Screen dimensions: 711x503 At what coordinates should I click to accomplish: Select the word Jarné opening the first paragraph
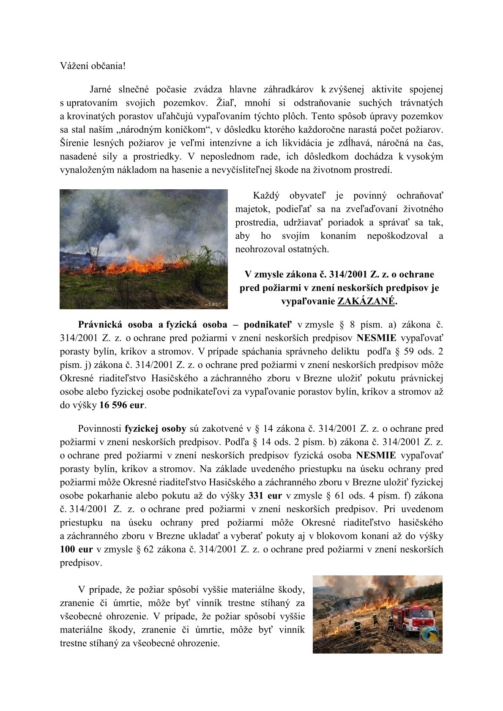(101, 89)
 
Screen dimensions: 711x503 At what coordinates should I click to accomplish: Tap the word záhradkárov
(289, 89)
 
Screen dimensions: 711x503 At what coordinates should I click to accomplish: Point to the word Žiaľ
(225, 103)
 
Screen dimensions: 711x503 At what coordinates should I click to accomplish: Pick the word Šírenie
(74, 143)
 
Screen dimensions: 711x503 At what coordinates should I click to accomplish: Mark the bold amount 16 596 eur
(122, 405)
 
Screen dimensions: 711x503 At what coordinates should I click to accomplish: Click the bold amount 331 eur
(265, 496)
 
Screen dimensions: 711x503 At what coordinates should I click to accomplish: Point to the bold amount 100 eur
(76, 549)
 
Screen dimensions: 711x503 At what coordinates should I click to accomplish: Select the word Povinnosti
(99, 429)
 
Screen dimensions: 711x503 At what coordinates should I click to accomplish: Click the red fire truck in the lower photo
(410, 619)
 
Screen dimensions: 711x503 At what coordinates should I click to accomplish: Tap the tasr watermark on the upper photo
(215, 304)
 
